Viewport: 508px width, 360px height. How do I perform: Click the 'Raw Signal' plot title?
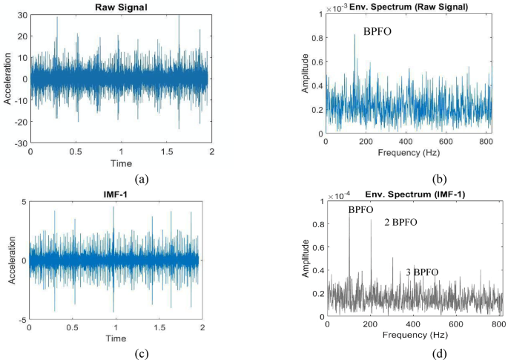[120, 7]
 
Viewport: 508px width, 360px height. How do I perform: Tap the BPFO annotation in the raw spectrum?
[378, 31]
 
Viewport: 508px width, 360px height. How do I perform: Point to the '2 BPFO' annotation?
[400, 222]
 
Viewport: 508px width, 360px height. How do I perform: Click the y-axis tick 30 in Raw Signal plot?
[22, 16]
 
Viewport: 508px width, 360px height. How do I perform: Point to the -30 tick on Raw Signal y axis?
[21, 143]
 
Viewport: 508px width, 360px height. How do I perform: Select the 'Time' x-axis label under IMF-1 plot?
[115, 338]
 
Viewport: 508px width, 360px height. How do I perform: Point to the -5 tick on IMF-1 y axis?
[22, 319]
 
